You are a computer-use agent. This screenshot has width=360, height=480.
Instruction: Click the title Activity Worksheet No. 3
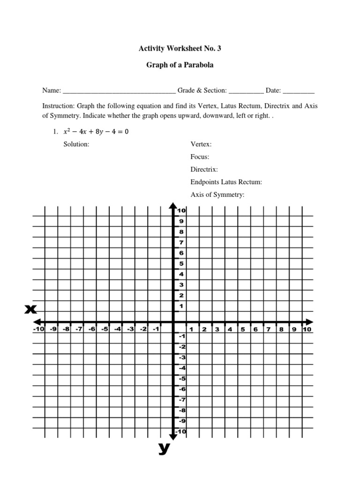tap(180, 48)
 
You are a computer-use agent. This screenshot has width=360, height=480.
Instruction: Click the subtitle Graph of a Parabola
tap(180, 65)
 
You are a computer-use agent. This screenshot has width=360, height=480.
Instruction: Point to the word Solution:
tap(76, 144)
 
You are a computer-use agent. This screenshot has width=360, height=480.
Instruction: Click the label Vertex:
tap(201, 144)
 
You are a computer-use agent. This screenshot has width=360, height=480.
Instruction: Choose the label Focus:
tap(200, 157)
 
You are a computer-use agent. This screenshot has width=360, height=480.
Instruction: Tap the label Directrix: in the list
tap(204, 169)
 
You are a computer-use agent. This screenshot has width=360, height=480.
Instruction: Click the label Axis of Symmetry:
tap(218, 194)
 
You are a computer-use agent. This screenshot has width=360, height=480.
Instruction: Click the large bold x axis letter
tap(31, 309)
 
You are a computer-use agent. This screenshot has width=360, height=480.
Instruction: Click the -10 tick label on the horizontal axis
tap(38, 329)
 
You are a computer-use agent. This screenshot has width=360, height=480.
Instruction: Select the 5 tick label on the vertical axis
tap(181, 263)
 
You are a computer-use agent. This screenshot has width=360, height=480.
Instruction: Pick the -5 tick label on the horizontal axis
tap(104, 329)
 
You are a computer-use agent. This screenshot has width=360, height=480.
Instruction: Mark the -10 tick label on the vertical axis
tap(181, 431)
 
